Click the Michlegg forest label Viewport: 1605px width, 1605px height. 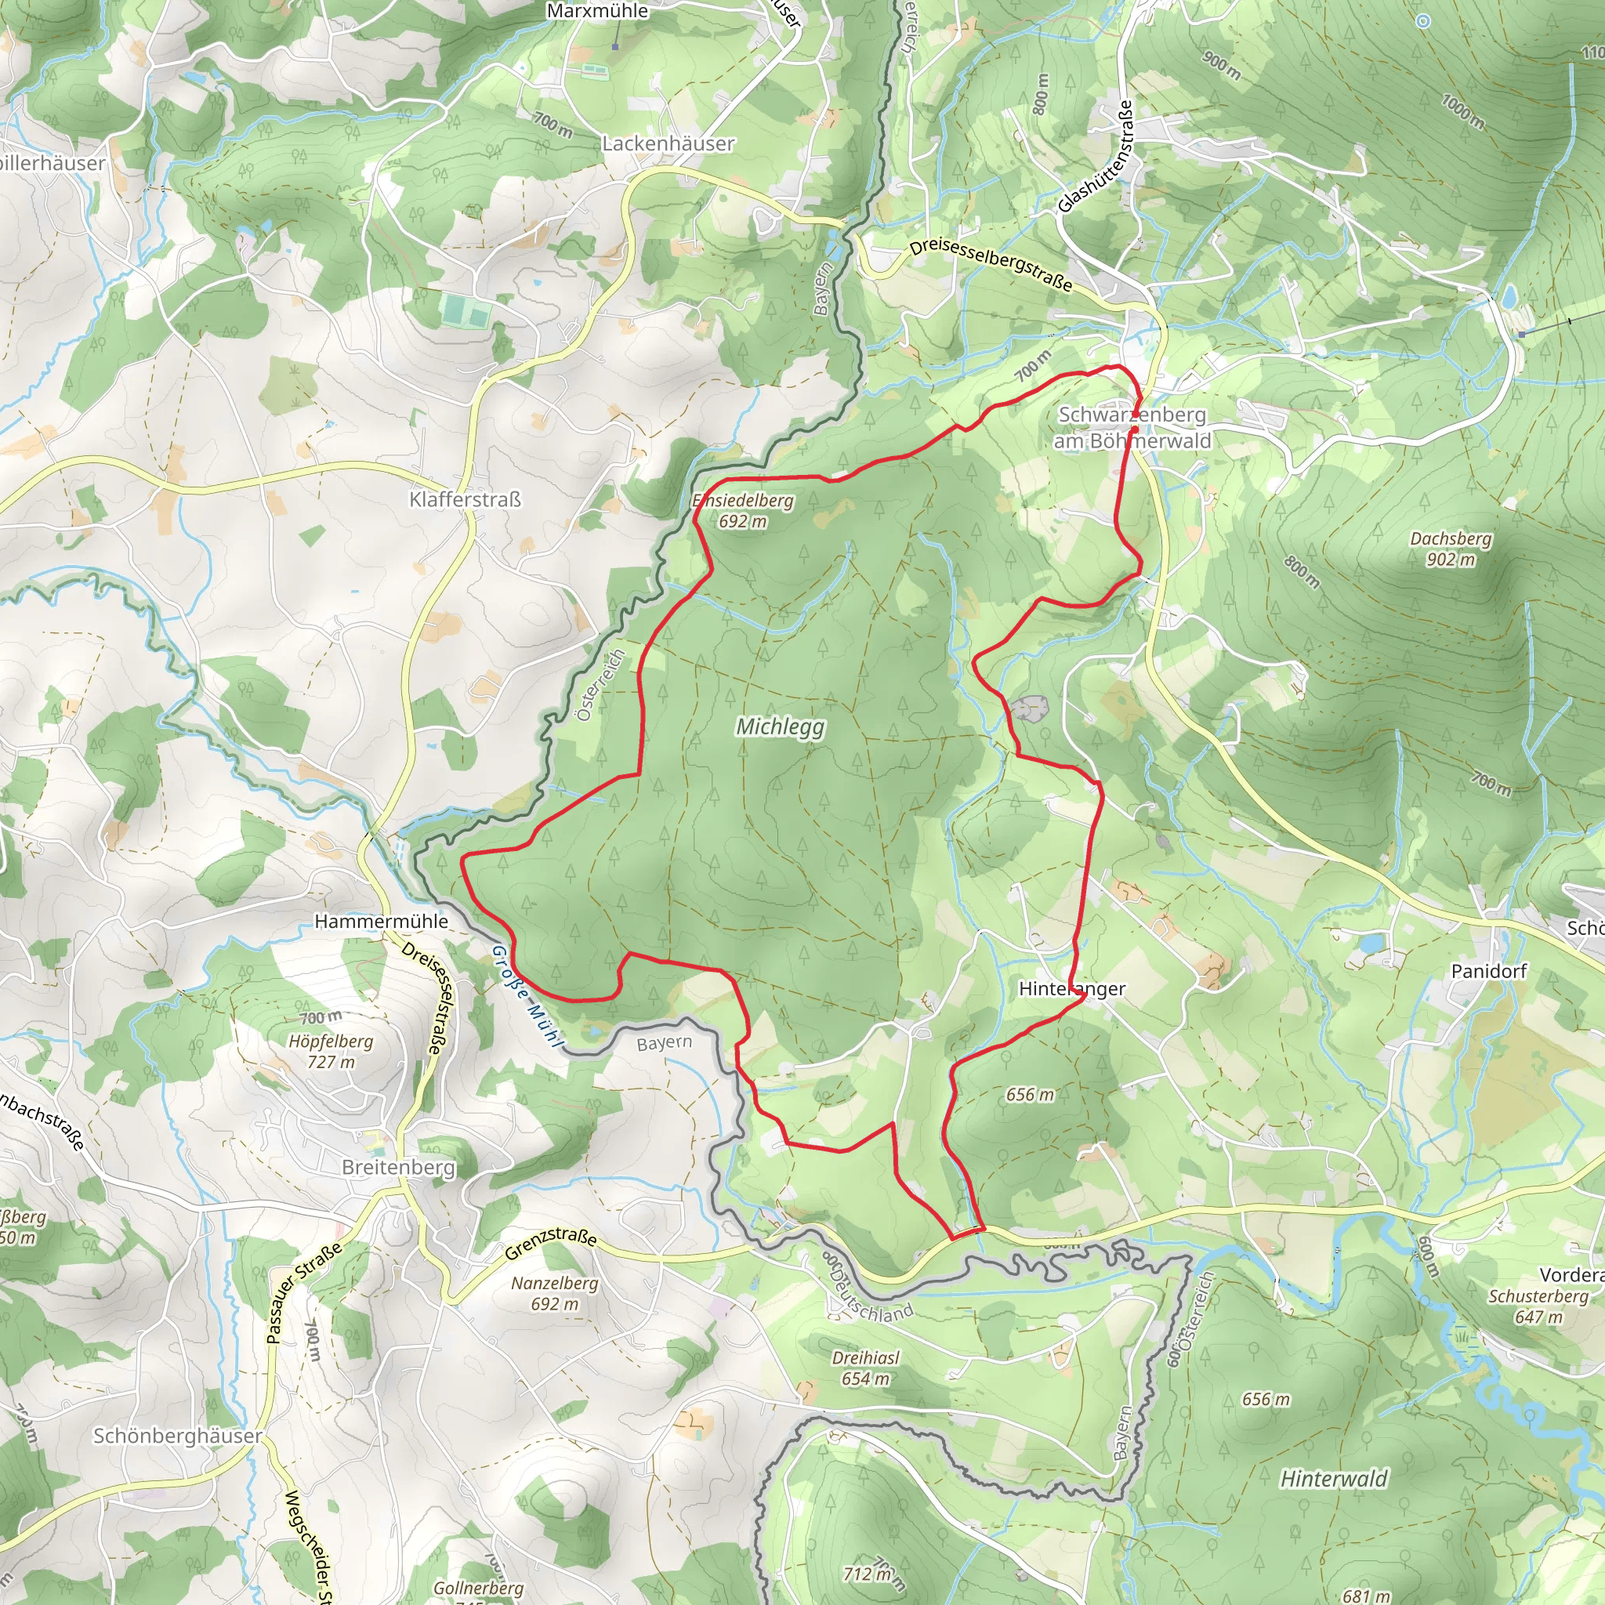pos(780,727)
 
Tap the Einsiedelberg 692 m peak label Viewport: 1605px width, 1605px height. pos(743,511)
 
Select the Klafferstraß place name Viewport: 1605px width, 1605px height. pos(466,499)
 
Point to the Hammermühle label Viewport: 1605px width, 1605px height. pos(382,922)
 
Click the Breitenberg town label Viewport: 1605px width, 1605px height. pos(399,1167)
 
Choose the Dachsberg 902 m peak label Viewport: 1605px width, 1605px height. pos(1451,549)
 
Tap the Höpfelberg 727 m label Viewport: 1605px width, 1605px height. pos(331,1051)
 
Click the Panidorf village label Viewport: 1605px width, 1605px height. pos(1489,971)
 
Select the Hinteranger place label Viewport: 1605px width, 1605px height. pos(1071,988)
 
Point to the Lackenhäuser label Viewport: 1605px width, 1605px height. pos(668,143)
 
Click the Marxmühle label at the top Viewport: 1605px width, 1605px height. pos(597,11)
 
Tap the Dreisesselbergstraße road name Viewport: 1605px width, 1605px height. pos(991,265)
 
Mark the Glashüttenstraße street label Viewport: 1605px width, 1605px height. pos(1096,157)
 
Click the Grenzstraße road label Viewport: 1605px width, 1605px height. pos(551,1242)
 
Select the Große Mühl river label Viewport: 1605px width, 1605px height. pos(526,996)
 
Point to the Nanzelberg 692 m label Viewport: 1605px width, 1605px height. pos(555,1293)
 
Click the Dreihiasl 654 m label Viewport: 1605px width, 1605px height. pos(866,1368)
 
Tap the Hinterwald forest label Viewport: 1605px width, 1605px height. pos(1334,1479)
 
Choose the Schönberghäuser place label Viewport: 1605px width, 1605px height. pos(177,1436)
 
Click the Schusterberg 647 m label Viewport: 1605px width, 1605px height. pos(1538,1306)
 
